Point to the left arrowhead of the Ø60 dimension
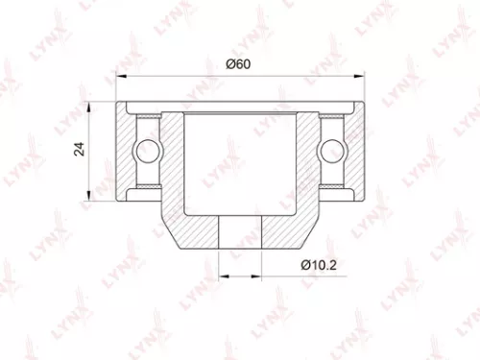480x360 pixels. (x=119, y=76)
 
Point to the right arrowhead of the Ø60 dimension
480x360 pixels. (x=362, y=76)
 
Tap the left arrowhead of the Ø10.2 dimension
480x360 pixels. (x=222, y=276)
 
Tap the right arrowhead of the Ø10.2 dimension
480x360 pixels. (x=259, y=276)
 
